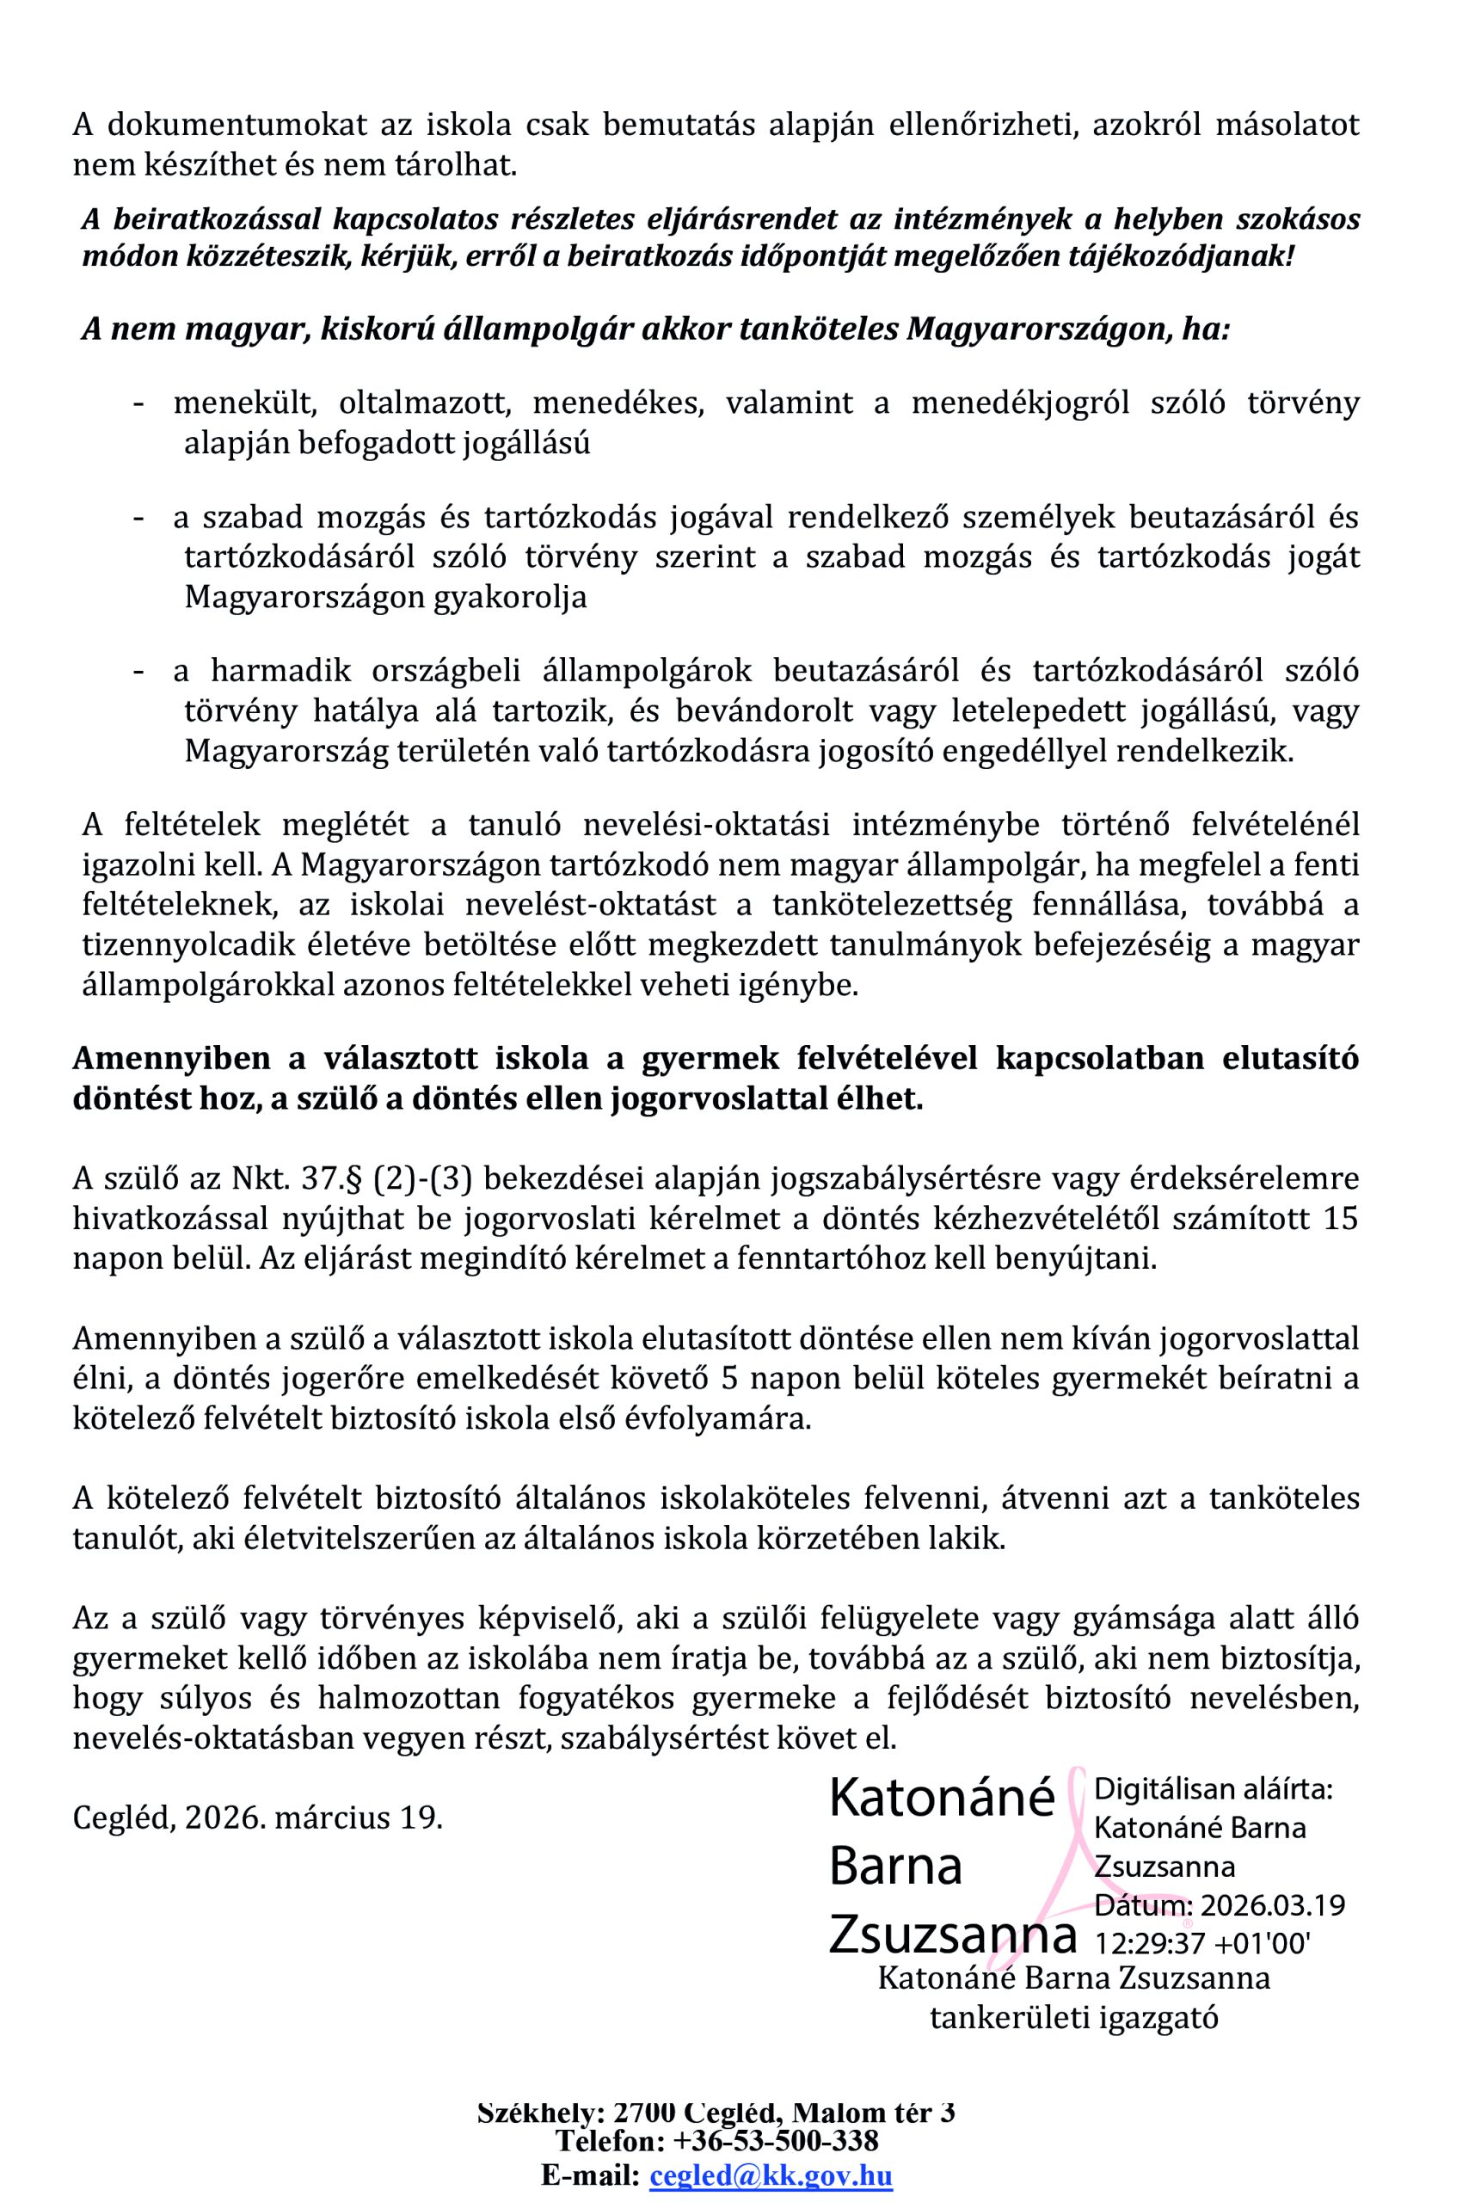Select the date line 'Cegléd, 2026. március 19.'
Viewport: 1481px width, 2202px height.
click(258, 1817)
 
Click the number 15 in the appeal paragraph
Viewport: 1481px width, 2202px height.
click(1340, 1219)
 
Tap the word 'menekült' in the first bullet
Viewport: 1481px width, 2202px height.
click(230, 403)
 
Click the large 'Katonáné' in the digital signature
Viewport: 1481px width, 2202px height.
click(942, 1798)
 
